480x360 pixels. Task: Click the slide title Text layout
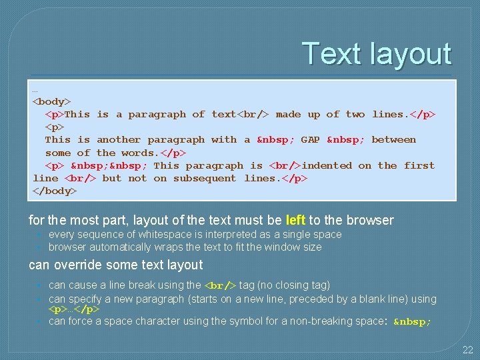[x=377, y=53]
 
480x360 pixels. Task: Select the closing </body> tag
[x=55, y=191]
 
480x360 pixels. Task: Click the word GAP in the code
[x=310, y=140]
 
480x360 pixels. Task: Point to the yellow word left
[x=295, y=220]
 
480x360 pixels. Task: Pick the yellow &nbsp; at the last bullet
[x=413, y=322]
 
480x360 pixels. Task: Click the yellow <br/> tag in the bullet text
[x=219, y=286]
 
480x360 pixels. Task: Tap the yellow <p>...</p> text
[x=74, y=310]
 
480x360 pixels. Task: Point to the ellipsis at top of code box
[x=35, y=89]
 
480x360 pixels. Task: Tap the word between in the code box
[x=393, y=140]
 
